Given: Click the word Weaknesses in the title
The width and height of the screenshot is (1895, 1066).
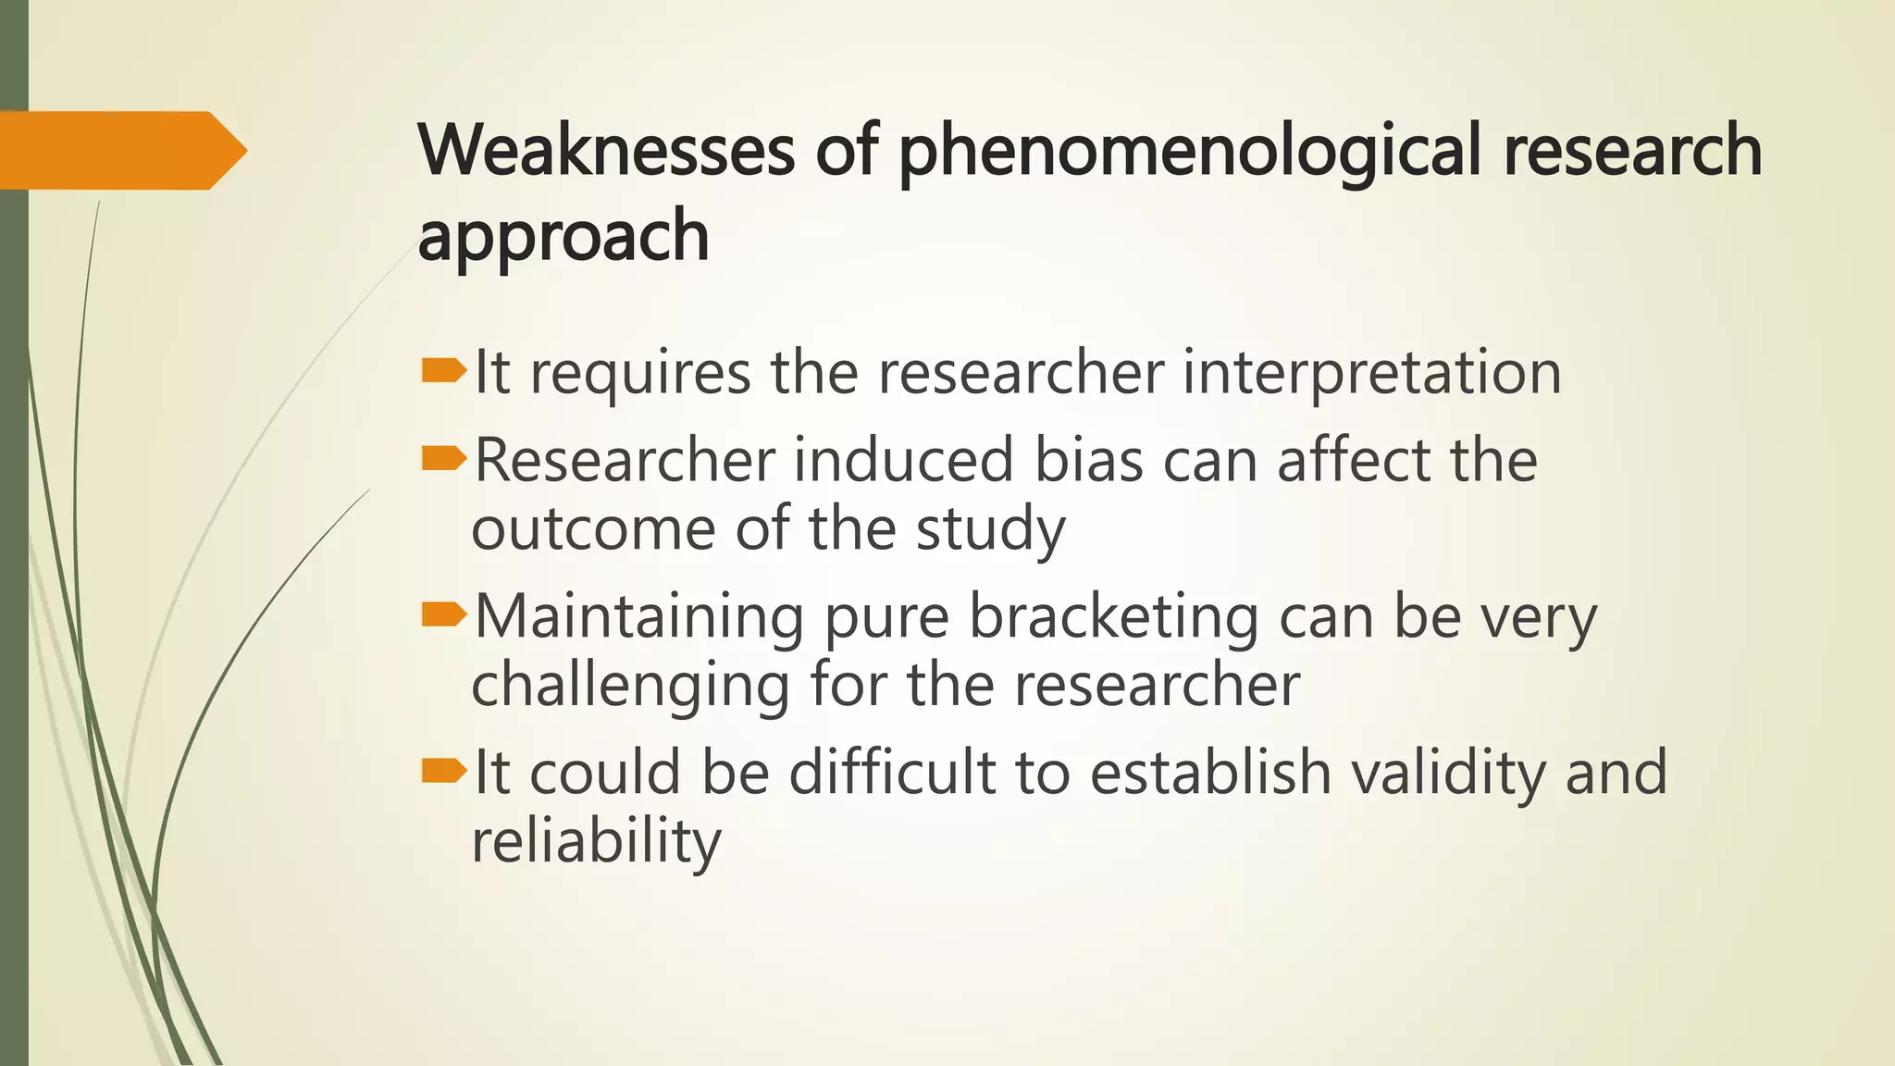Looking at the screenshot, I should pos(606,150).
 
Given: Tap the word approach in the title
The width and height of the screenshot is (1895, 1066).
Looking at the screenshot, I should pos(564,237).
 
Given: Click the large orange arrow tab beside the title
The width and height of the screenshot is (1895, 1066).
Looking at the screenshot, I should pos(120,150).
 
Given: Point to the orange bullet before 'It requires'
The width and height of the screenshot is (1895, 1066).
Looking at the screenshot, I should pos(444,372).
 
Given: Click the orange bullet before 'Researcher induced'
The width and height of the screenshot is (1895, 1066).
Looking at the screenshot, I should pos(444,458).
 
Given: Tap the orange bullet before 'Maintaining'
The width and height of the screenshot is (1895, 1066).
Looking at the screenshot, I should pos(444,614).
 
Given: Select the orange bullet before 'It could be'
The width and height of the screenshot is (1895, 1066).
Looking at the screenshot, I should pos(444,771).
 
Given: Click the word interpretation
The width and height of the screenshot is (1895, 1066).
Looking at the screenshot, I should pos(1372,373).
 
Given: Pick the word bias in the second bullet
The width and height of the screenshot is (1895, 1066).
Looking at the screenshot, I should pos(1088,460).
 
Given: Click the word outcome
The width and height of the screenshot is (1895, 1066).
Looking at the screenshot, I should pos(593,529).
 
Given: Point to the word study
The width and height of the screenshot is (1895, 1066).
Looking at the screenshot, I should pos(991,531).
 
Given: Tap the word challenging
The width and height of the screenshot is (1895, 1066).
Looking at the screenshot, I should pos(630,687).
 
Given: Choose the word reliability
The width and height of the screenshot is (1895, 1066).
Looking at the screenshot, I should pos(596,842).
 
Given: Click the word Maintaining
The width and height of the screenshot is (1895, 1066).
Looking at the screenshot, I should pos(639,617).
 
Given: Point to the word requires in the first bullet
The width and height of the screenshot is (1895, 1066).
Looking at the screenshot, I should pos(640,375).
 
